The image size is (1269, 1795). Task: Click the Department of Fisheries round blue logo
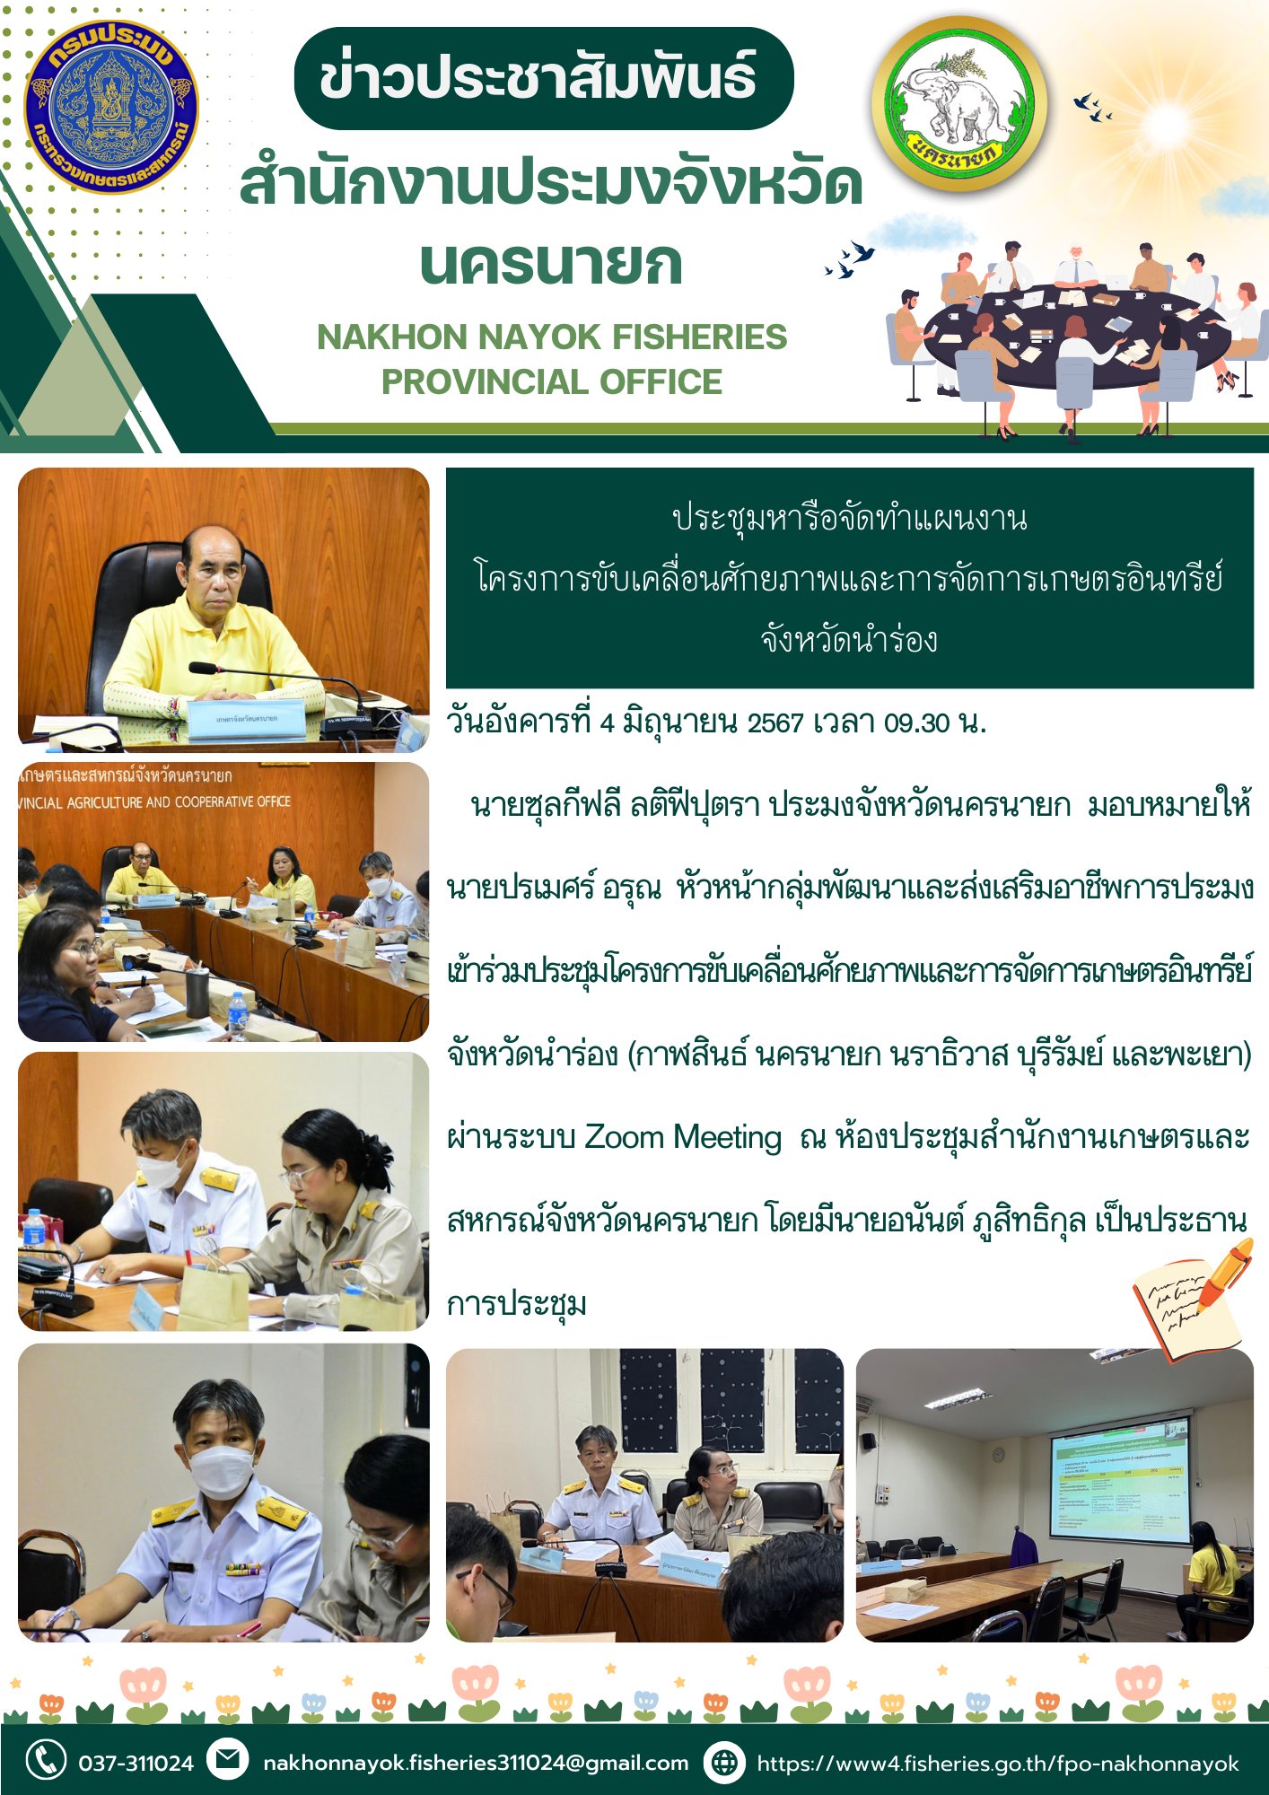[110, 108]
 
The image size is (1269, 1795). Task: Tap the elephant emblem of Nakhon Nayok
[958, 105]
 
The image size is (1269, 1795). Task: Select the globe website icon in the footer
[723, 1762]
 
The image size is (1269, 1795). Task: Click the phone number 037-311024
[136, 1764]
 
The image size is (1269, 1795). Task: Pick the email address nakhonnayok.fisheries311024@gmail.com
[476, 1763]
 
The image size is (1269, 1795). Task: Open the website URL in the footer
[997, 1764]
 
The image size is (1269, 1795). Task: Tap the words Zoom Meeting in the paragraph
[683, 1138]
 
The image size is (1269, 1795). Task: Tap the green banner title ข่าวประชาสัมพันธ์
[542, 78]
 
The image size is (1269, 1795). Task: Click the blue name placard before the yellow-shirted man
[247, 718]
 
